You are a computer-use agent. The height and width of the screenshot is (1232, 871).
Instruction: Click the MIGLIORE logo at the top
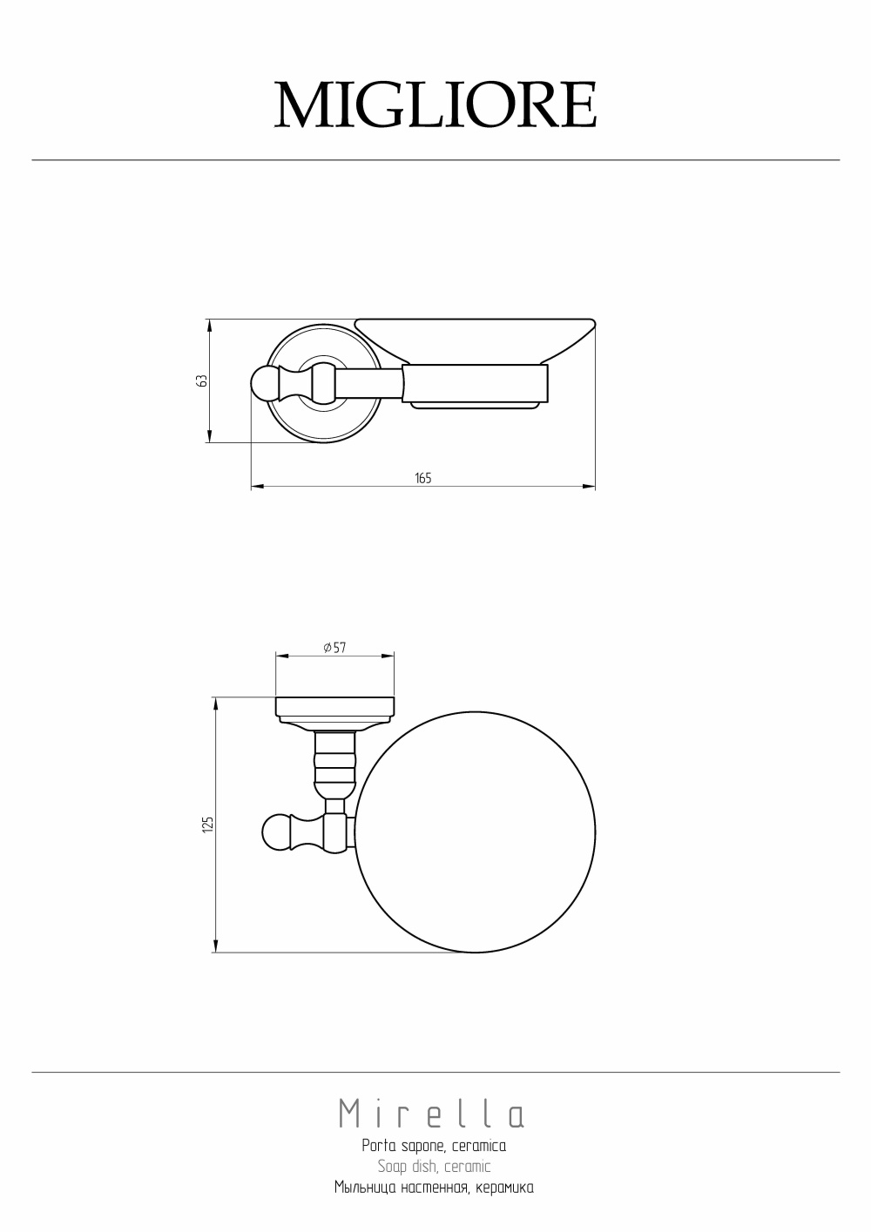[x=435, y=104]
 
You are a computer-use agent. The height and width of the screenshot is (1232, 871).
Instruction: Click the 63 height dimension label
[x=202, y=380]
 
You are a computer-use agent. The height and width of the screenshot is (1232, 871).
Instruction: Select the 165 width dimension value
[x=423, y=478]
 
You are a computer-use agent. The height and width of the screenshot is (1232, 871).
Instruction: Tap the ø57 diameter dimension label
[x=334, y=648]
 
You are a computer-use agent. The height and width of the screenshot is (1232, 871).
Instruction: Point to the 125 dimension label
[x=207, y=824]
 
